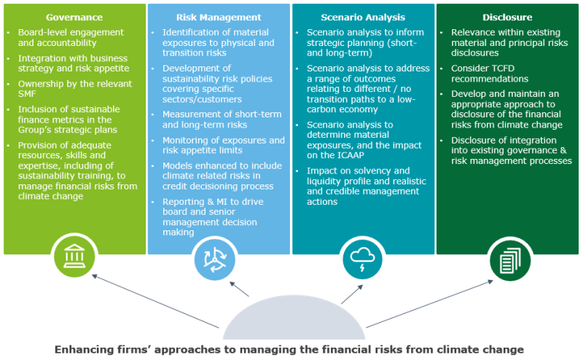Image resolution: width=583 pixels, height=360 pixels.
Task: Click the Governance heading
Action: tap(74, 17)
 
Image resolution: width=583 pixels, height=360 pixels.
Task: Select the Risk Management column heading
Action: tap(219, 17)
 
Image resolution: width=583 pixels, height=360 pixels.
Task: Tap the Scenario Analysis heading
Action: tap(363, 17)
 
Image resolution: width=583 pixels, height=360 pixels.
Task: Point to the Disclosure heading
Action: tap(507, 17)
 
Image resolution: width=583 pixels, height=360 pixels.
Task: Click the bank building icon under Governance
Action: tap(74, 256)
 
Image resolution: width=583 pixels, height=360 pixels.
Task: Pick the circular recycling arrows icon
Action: tap(215, 259)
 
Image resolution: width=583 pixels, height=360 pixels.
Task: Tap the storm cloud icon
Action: tap(362, 259)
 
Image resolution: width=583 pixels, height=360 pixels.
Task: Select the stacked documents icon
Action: tap(509, 260)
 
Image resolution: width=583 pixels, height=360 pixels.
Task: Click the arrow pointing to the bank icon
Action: tap(155, 301)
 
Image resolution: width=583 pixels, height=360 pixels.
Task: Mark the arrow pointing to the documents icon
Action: tap(429, 304)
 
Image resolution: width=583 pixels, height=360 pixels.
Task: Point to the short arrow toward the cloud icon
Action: tap(352, 294)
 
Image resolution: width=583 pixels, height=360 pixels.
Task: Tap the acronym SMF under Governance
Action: tap(27, 94)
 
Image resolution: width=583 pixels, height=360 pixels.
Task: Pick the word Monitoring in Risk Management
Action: tap(184, 141)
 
